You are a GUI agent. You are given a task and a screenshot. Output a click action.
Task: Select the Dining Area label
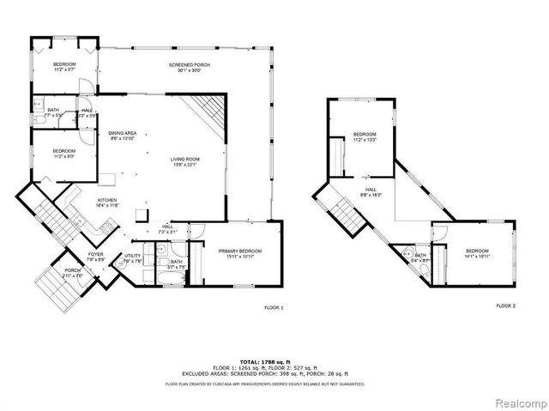[123, 136]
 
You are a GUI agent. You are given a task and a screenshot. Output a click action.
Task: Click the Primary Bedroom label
[239, 253]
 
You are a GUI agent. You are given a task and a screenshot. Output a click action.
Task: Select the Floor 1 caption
[273, 307]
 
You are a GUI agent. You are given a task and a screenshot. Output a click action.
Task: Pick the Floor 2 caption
[505, 305]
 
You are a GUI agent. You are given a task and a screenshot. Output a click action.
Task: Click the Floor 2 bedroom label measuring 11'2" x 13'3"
[365, 137]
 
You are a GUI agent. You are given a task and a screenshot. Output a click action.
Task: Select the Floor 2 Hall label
[371, 193]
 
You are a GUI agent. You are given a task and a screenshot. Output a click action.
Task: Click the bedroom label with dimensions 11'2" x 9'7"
[64, 68]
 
